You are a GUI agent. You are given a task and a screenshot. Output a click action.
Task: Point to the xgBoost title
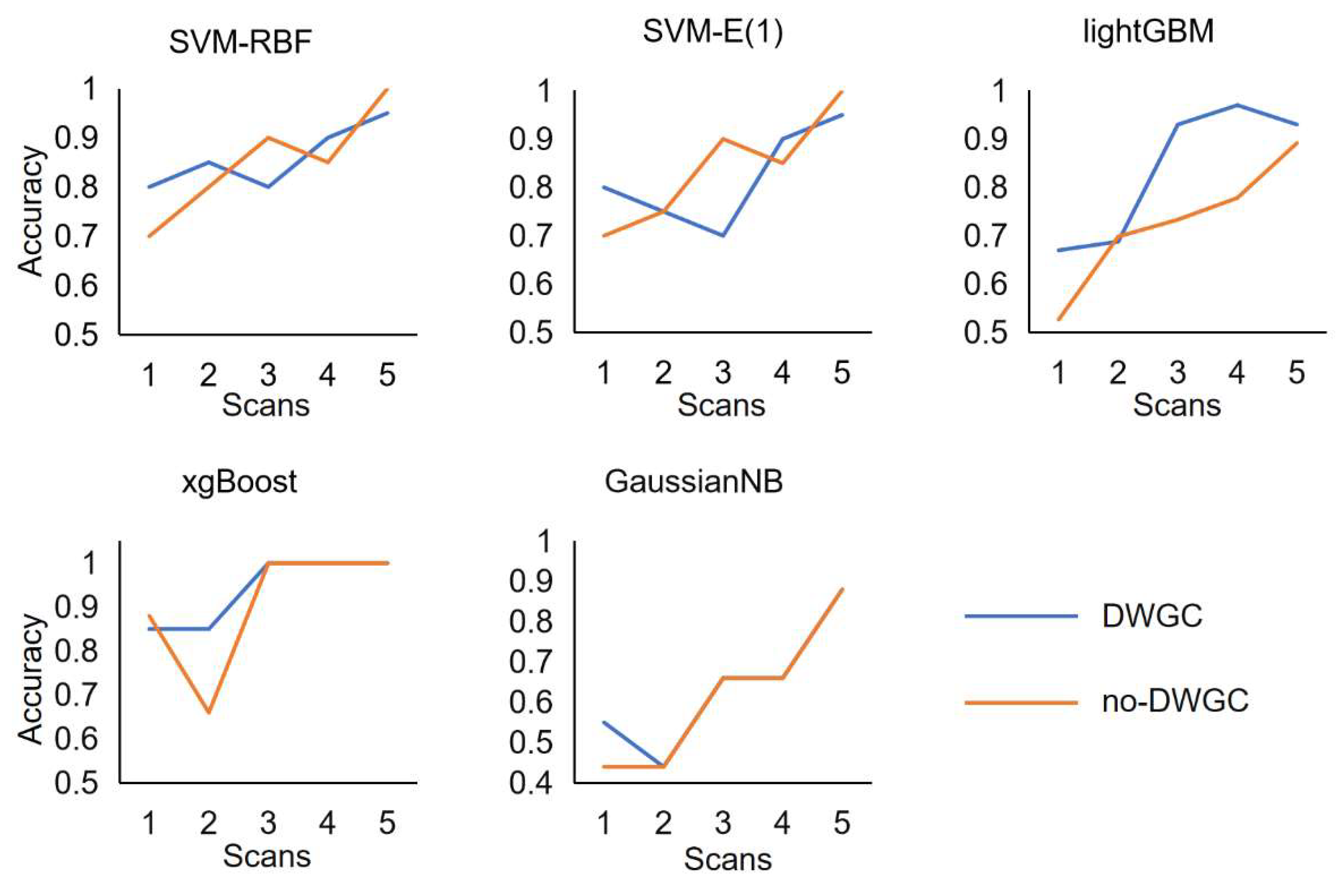point(239,482)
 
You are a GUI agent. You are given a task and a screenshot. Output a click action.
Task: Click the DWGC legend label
point(1152,616)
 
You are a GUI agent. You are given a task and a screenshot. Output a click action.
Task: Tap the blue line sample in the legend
point(1021,616)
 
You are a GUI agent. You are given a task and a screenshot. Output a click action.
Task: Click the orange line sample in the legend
point(1021,703)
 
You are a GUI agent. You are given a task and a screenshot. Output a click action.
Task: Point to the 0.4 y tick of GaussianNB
point(530,783)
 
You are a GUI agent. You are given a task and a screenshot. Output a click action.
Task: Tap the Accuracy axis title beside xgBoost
point(31,679)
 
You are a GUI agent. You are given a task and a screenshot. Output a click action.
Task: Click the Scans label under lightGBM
point(1177,405)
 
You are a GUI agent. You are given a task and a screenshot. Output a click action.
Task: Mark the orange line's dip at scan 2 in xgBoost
point(208,712)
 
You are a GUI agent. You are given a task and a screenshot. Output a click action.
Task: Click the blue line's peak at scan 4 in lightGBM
point(1237,105)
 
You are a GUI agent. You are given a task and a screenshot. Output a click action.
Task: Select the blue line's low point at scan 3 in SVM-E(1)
point(723,235)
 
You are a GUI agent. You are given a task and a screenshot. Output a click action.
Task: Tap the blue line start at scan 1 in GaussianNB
point(604,722)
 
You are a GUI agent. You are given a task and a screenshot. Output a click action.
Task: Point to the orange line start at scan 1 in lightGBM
point(1059,319)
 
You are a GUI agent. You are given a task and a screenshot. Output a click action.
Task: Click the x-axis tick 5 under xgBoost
point(387,824)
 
